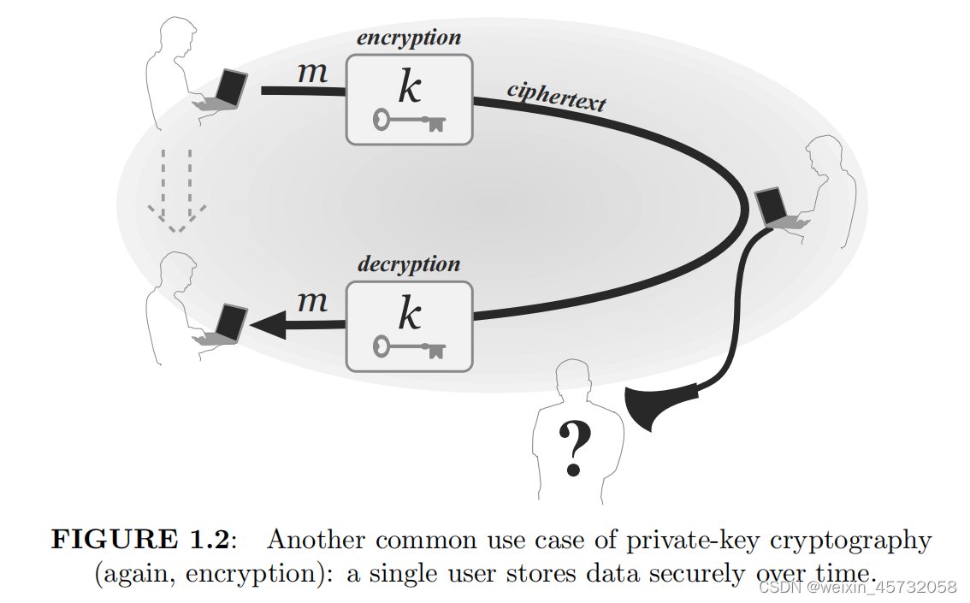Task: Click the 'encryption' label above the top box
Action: [409, 38]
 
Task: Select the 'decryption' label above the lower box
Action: [409, 264]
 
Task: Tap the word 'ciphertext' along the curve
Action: [556, 96]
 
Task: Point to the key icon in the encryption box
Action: [410, 121]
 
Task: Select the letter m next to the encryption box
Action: [312, 73]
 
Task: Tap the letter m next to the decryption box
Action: [312, 301]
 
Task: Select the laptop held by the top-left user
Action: [229, 89]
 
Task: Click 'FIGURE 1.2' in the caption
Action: [140, 541]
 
